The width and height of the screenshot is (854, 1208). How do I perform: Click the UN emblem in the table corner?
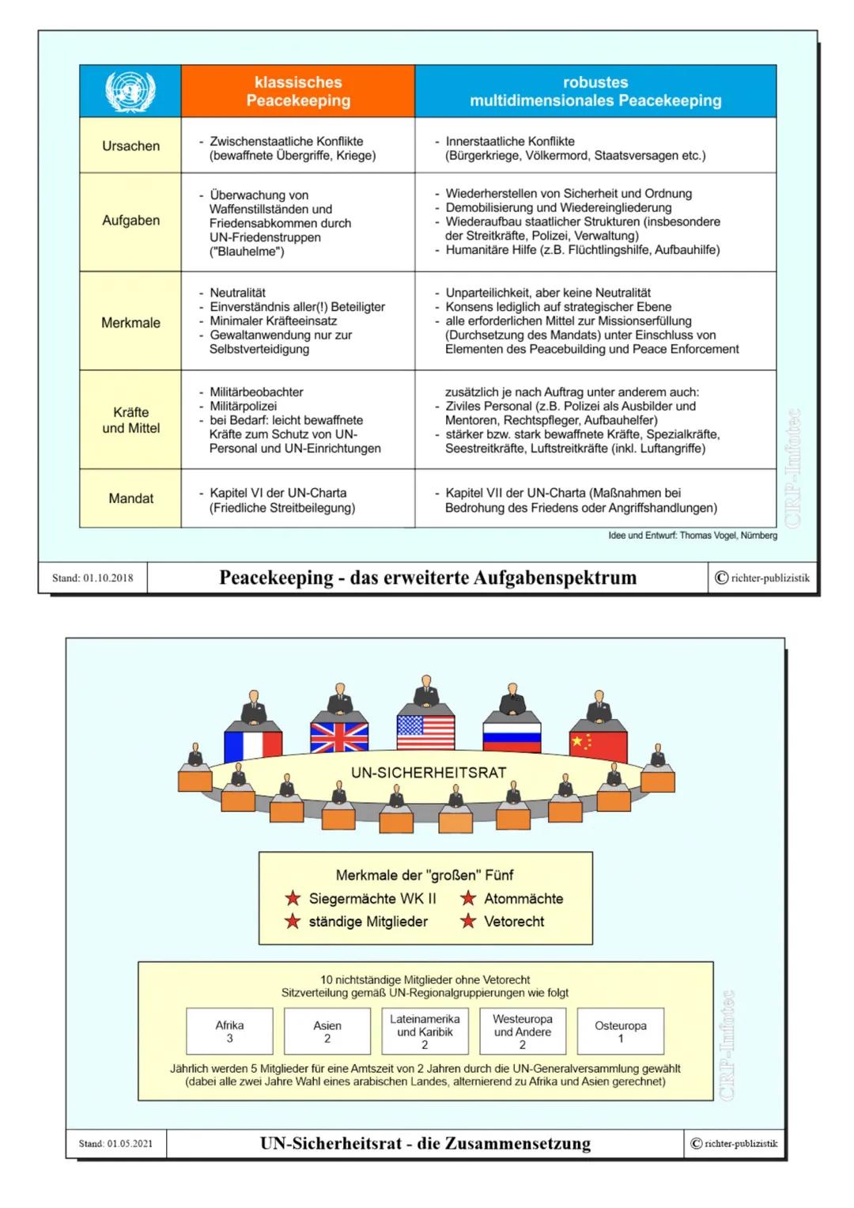pos(130,91)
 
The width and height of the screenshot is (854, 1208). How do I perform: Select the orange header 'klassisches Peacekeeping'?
pos(298,91)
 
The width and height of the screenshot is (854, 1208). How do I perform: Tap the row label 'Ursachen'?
pos(130,146)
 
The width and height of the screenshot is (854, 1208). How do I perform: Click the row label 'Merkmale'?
pos(130,322)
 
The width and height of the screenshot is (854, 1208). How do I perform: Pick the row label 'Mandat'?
pos(130,498)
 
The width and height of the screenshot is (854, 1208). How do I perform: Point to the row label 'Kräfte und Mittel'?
pos(130,420)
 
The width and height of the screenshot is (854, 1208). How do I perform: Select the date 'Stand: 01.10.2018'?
pos(93,577)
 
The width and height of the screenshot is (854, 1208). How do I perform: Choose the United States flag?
pos(425,732)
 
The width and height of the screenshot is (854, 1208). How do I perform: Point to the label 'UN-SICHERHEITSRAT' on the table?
pos(429,773)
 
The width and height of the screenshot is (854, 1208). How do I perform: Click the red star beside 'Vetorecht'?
pos(469,921)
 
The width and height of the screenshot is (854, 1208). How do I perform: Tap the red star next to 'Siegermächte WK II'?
pos(293,899)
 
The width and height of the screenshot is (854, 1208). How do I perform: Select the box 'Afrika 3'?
pos(230,1032)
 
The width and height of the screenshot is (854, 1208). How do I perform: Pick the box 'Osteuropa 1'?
pos(621,1032)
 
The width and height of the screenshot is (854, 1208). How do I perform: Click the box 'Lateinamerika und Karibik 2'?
pos(425,1032)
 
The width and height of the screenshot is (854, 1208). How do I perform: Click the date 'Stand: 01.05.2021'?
pos(117,1143)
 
